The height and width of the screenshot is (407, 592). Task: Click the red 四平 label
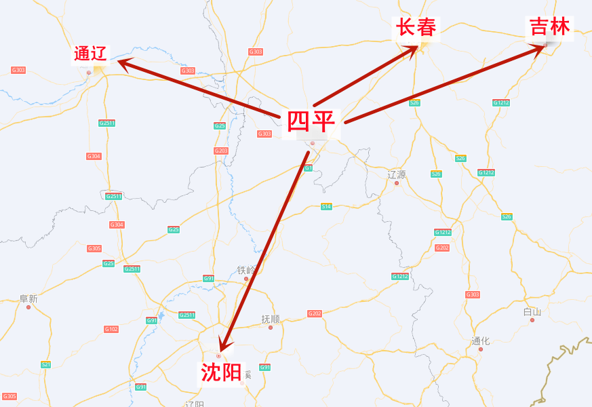[311, 122]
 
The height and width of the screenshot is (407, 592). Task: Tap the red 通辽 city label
[91, 54]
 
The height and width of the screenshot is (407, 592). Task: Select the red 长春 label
[416, 28]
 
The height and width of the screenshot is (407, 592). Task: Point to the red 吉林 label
[550, 27]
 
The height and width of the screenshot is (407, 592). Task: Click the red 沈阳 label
[220, 372]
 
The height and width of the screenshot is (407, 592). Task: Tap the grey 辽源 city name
[397, 174]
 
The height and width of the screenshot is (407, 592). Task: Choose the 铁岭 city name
[247, 270]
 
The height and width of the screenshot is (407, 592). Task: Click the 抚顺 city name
[271, 319]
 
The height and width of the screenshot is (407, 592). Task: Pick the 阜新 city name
[28, 298]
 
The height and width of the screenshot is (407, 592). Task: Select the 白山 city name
[532, 312]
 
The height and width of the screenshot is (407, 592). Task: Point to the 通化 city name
[480, 341]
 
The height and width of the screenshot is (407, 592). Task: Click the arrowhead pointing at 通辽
[122, 62]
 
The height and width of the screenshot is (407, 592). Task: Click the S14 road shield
[326, 206]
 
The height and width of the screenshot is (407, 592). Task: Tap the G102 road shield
[111, 329]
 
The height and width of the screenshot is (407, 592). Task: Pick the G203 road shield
[221, 151]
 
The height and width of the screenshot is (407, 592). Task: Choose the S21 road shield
[45, 364]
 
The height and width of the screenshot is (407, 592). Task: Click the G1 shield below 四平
[308, 168]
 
